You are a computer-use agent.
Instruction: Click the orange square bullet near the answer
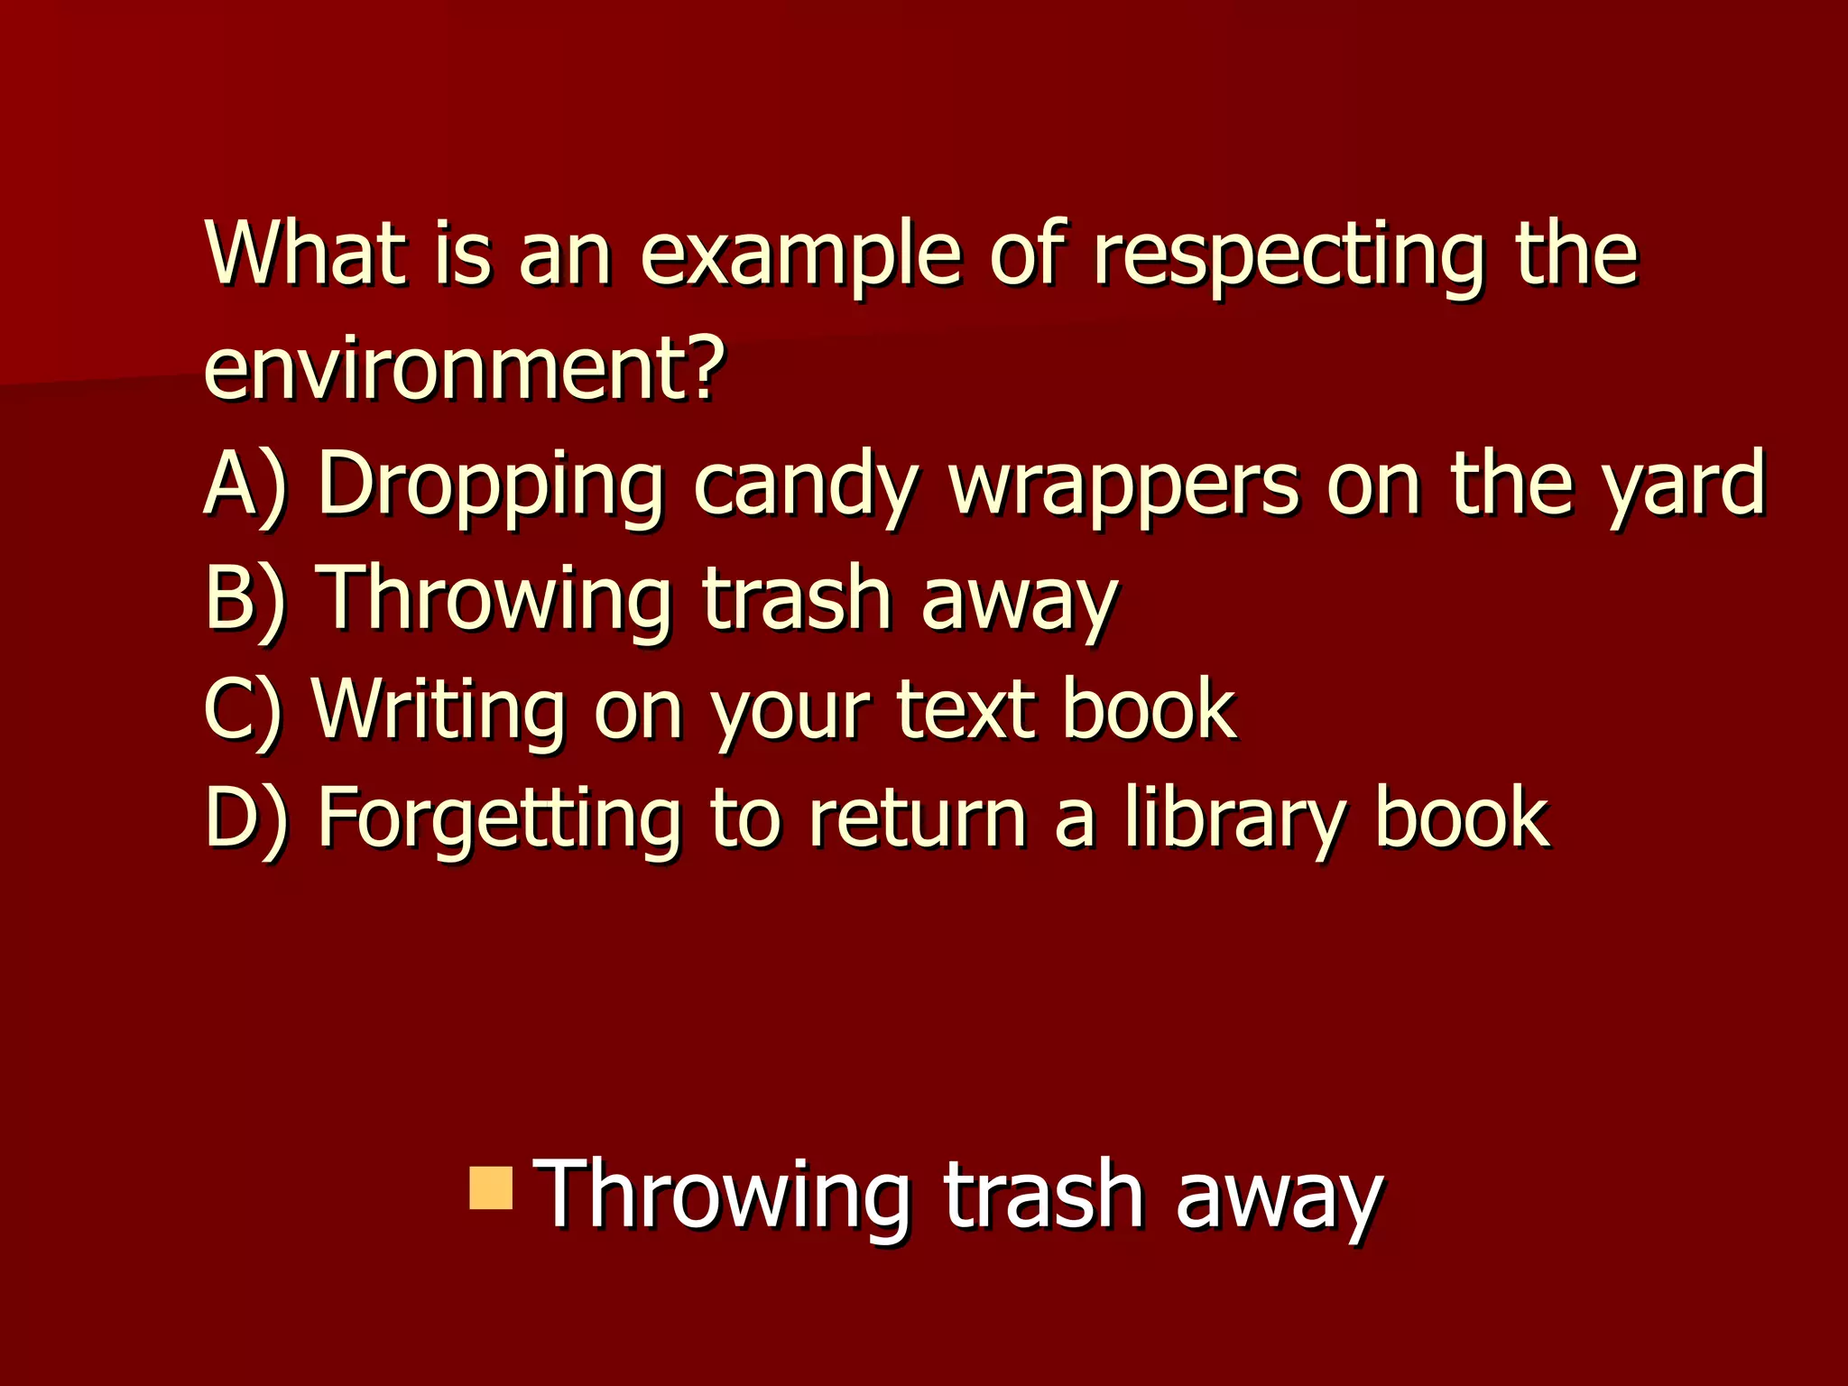pyautogui.click(x=491, y=1187)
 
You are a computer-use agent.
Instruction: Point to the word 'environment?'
pyautogui.click(x=464, y=368)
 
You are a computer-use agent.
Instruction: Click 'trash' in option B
pyautogui.click(x=797, y=596)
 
